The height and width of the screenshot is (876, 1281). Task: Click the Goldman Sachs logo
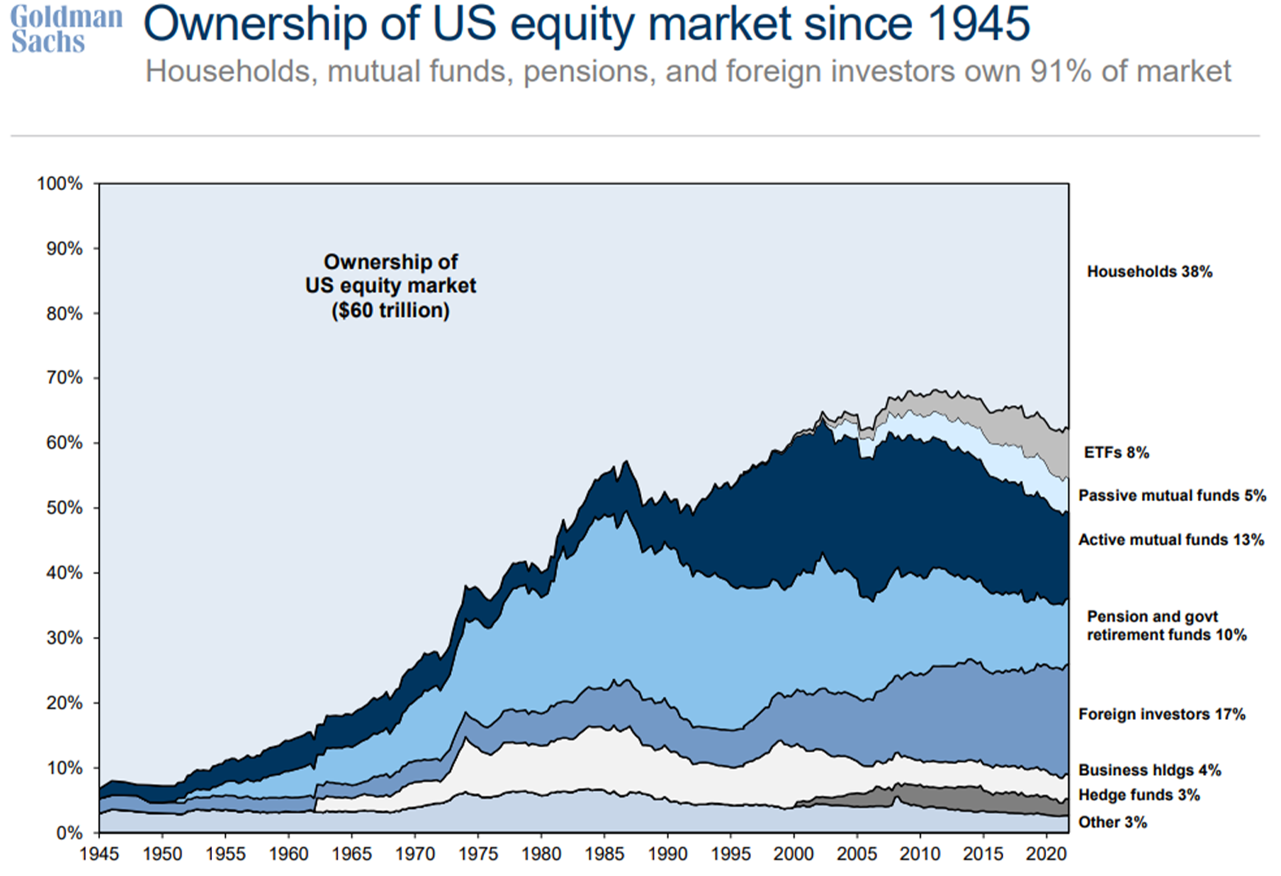tap(66, 29)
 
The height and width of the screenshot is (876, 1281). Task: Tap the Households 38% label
tap(1150, 271)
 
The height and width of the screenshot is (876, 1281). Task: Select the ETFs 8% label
tap(1117, 453)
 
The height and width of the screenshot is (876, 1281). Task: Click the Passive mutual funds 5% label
tap(1172, 495)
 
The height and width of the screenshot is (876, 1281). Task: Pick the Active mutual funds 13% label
tap(1171, 539)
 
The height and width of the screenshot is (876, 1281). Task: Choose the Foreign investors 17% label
tap(1161, 714)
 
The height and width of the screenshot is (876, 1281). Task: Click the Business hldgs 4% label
tap(1150, 770)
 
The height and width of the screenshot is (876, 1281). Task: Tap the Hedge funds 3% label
tap(1139, 795)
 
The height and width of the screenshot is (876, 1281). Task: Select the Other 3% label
tap(1112, 822)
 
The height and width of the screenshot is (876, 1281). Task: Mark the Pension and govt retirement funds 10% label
tap(1167, 626)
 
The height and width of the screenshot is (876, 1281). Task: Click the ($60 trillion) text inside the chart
tap(390, 310)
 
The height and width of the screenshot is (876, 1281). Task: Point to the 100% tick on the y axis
tap(60, 183)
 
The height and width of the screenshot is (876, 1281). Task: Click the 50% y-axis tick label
tap(64, 508)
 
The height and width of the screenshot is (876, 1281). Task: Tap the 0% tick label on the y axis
tap(70, 833)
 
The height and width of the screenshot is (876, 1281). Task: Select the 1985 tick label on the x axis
tap(604, 854)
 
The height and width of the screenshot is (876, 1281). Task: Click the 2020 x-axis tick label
tap(1044, 854)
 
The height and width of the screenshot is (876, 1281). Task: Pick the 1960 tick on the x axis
tap(288, 854)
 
